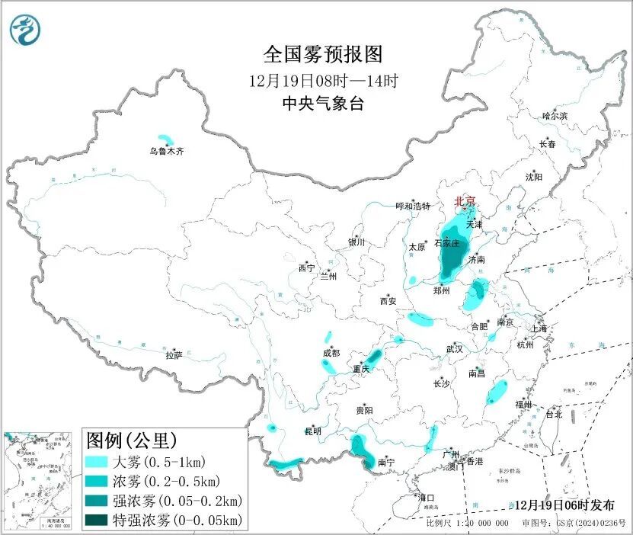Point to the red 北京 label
pyautogui.click(x=465, y=201)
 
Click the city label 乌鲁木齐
pyautogui.click(x=166, y=152)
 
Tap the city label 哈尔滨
pyautogui.click(x=555, y=116)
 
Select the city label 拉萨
pyautogui.click(x=174, y=355)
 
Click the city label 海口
pyautogui.click(x=426, y=498)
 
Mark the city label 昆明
pyautogui.click(x=313, y=431)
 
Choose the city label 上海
pyautogui.click(x=539, y=328)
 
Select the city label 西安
pyautogui.click(x=388, y=301)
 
